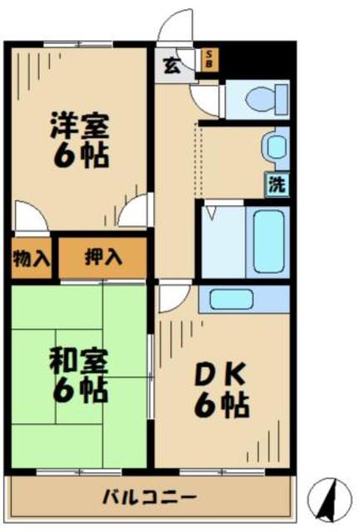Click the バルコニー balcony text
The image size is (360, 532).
coord(150,497)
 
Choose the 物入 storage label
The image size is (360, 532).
coord(31,258)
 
